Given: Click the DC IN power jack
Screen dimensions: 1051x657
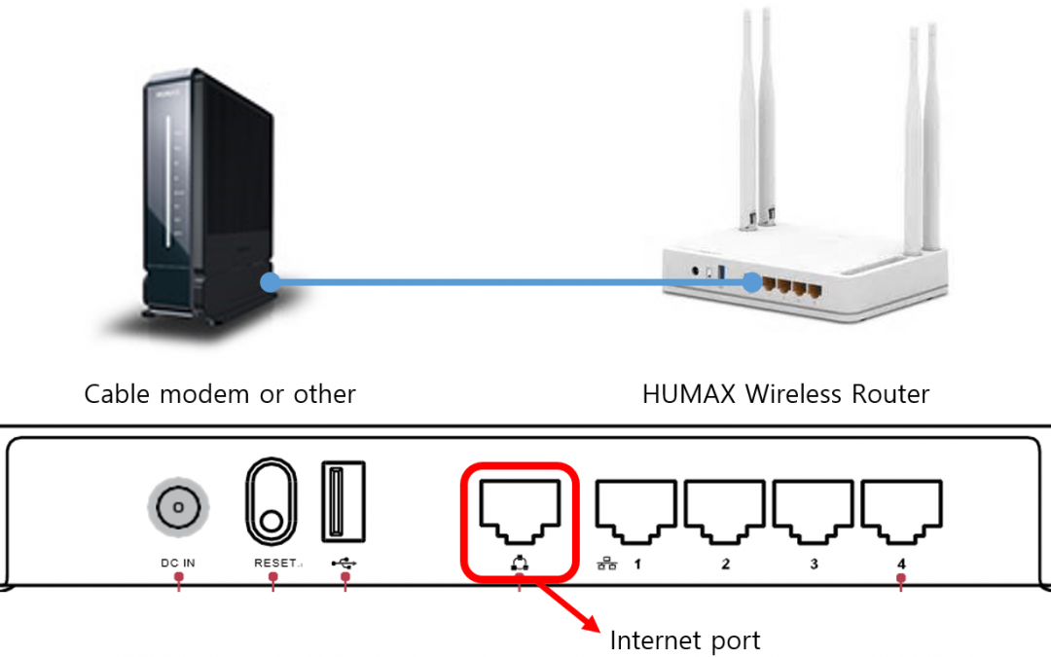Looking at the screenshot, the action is tap(178, 507).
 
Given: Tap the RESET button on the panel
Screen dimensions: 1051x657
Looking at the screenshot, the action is tap(272, 501).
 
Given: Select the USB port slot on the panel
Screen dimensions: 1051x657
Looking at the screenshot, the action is tap(344, 501).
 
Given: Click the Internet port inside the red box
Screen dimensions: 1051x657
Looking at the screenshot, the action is tap(520, 512).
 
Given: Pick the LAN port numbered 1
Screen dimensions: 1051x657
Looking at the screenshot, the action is tap(636, 512).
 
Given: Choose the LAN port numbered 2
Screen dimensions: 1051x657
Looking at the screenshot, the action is tap(725, 512).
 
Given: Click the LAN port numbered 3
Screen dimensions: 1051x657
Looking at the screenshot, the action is tap(813, 512).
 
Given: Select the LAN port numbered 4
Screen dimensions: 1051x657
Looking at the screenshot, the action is tap(901, 512).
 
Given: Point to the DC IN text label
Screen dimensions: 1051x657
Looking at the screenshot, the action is tap(178, 564).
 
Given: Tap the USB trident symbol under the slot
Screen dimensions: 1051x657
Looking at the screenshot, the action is tap(344, 564).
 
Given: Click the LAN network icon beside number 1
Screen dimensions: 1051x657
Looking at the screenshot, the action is tap(607, 564).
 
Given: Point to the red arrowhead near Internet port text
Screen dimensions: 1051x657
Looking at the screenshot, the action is tap(591, 623).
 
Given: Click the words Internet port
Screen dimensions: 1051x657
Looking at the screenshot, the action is tap(685, 640).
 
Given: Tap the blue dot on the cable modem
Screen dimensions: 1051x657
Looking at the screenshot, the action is tap(271, 282).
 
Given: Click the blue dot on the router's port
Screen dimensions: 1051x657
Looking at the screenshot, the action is tap(752, 282).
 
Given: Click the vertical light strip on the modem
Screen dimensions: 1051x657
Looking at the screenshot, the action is tap(167, 180).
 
